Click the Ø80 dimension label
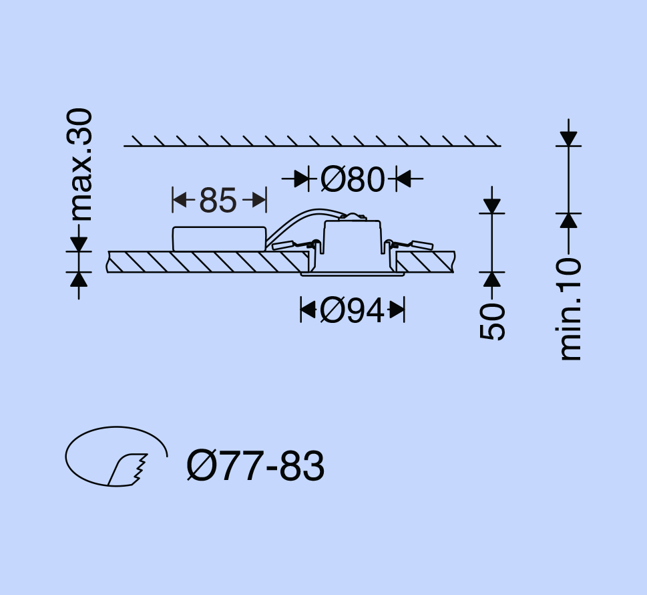click(x=353, y=179)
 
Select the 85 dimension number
click(x=218, y=201)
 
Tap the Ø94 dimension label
click(x=352, y=310)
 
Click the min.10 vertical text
click(x=570, y=309)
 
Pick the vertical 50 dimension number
click(x=492, y=322)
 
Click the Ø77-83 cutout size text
click(x=256, y=466)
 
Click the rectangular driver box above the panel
click(x=219, y=239)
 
